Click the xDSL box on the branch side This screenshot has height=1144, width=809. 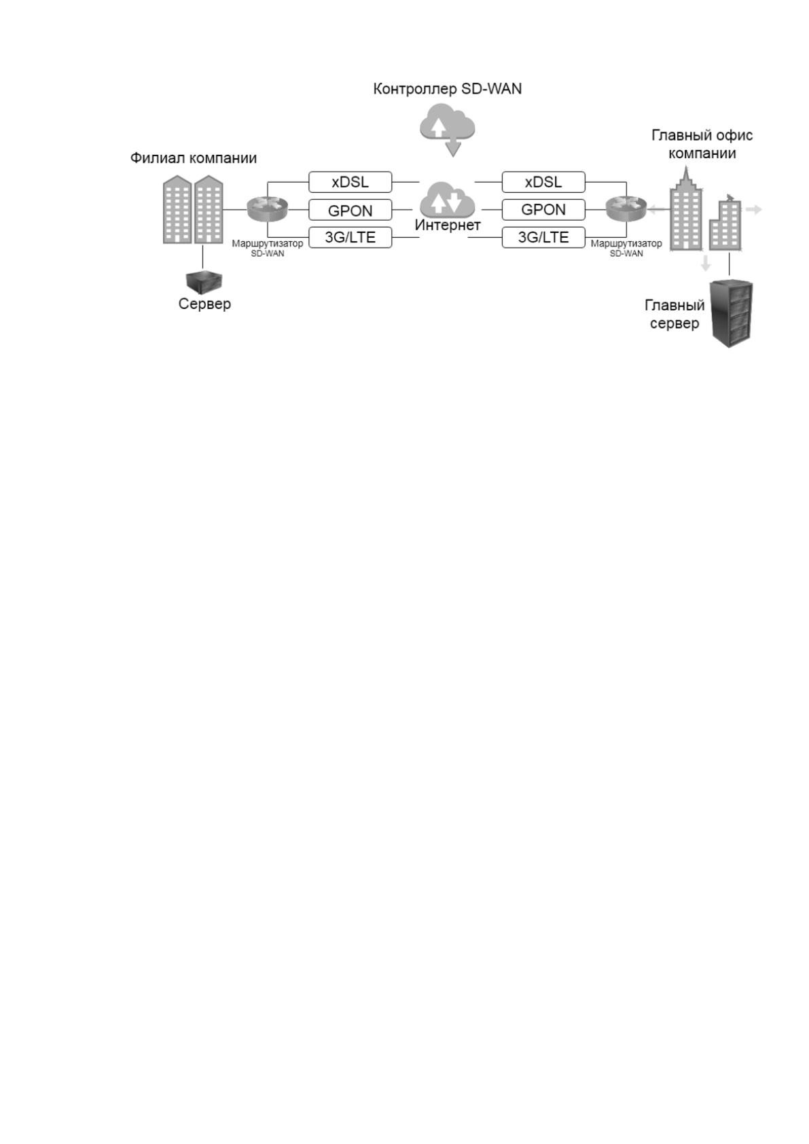pos(350,182)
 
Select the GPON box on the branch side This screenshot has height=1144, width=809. pos(350,210)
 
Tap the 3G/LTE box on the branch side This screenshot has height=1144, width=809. pos(350,238)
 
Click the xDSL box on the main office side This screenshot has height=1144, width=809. pos(543,182)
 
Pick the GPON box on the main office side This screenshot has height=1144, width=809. pos(543,209)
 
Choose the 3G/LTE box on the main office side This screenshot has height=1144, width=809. pos(543,238)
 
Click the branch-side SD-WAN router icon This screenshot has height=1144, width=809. pos(267,209)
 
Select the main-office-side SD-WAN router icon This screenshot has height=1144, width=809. pos(626,209)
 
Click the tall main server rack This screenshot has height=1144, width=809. pos(732,314)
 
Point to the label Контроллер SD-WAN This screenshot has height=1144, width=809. pos(448,89)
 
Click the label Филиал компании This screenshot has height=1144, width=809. pos(193,158)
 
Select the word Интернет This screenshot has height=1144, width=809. pos(448,226)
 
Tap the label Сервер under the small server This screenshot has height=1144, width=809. pos(204,304)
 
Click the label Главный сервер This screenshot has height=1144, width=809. pos(674,315)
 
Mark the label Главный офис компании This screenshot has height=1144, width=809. pos(702,145)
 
